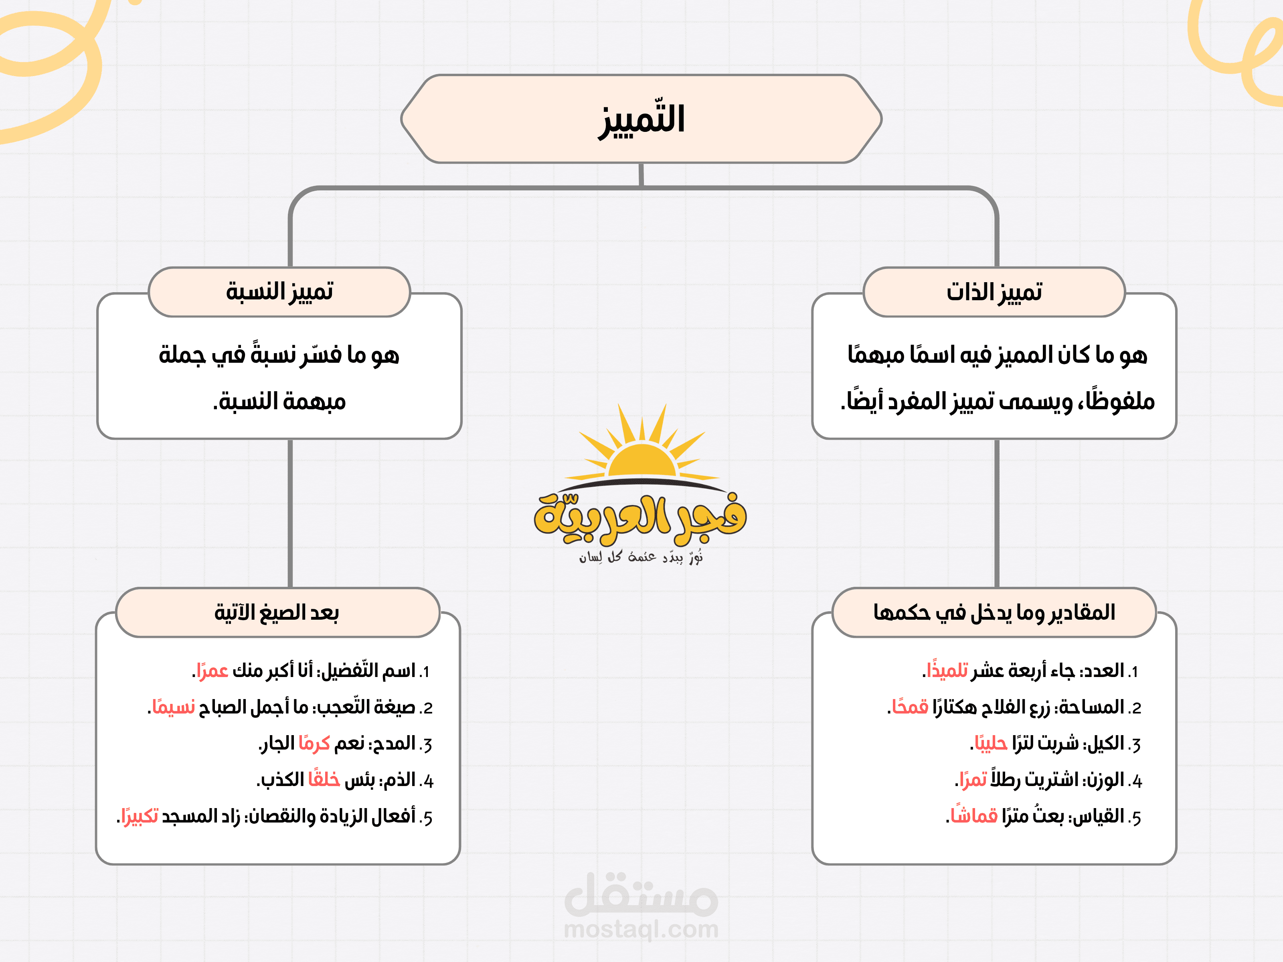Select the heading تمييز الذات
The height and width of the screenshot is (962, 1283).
994,292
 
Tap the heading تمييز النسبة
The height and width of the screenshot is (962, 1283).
279,292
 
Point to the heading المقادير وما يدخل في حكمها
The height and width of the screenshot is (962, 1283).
994,612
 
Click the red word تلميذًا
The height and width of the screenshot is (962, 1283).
947,671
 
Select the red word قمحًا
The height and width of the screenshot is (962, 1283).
911,707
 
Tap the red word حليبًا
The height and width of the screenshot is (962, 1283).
991,744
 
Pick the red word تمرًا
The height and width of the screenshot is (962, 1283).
973,780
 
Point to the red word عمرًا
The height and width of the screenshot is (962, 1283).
212,671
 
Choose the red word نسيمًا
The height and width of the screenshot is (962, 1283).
173,707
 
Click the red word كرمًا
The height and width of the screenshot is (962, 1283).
314,744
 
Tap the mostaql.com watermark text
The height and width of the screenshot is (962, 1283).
641,929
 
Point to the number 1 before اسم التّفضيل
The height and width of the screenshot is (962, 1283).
425,672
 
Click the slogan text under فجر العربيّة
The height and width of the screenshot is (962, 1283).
641,557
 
